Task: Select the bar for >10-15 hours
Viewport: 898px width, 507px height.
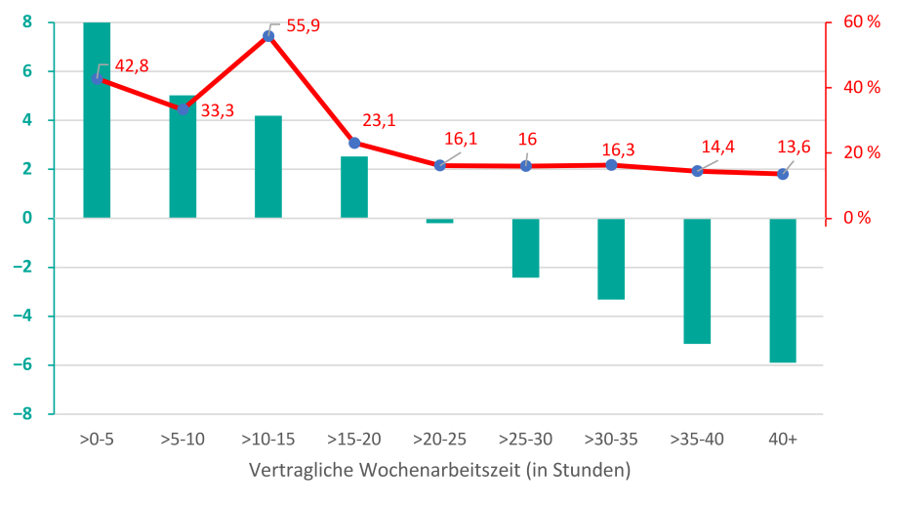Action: [x=268, y=166]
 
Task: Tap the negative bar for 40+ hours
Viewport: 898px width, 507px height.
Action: [x=783, y=290]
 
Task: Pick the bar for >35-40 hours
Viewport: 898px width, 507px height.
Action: [x=697, y=280]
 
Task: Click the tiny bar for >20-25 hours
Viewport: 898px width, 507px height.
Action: [x=440, y=221]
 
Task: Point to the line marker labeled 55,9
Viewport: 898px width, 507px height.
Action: [x=268, y=36]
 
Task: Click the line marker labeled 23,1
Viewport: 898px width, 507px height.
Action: [x=354, y=144]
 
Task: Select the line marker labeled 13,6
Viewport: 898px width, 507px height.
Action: [x=783, y=174]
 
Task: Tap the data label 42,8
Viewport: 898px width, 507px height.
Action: [x=132, y=66]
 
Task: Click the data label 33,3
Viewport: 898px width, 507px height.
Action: [x=217, y=111]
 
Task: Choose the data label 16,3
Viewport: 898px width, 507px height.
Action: [x=617, y=149]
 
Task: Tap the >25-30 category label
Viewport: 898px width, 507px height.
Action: [x=526, y=440]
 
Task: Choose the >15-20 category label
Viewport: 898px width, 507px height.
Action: [x=354, y=440]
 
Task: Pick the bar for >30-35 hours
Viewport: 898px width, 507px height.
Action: [x=611, y=258]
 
